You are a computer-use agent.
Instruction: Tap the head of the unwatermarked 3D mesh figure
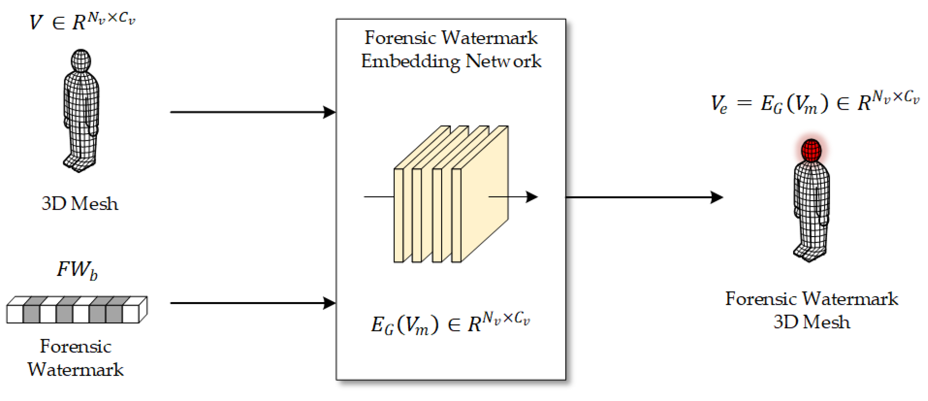[x=81, y=60]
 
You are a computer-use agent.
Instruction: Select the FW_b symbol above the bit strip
[x=77, y=270]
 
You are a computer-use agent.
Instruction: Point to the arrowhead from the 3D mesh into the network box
[x=330, y=112]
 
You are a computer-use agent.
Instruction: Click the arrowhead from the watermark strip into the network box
[x=330, y=303]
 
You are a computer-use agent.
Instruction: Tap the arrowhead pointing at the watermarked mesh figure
[x=717, y=197]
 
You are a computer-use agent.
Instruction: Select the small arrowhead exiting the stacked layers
[x=532, y=197]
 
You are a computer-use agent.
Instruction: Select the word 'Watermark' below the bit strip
[x=76, y=370]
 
